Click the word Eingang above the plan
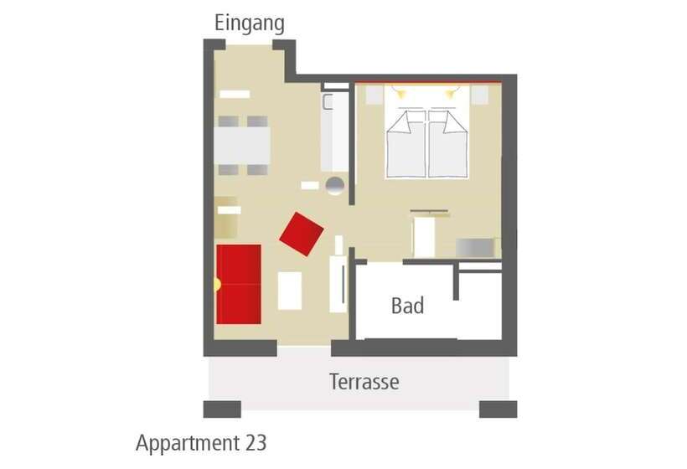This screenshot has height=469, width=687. point(250,23)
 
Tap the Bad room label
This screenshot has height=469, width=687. point(407,306)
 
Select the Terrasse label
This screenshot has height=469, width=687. point(364,382)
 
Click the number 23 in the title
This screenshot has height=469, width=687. point(256,443)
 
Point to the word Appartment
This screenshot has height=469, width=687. point(188,444)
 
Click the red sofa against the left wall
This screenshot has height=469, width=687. point(239,284)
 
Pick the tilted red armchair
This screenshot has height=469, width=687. point(302,234)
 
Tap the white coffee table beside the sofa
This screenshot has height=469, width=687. point(290,291)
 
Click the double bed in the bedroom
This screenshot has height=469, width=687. point(426,131)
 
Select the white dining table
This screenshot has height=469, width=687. point(242,146)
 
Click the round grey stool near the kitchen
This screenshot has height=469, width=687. point(335,185)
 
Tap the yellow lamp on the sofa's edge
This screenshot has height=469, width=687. point(217,285)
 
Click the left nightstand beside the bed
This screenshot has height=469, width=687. point(374,95)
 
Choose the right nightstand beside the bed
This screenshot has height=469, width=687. point(479,95)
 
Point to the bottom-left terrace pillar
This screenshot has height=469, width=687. point(222,410)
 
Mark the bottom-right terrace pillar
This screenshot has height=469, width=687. point(498,410)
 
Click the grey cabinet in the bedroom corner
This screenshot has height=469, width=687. point(478,248)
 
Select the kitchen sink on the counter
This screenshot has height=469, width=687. point(328,101)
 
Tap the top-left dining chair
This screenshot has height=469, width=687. point(228,121)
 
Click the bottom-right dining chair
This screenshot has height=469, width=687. point(257,169)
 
